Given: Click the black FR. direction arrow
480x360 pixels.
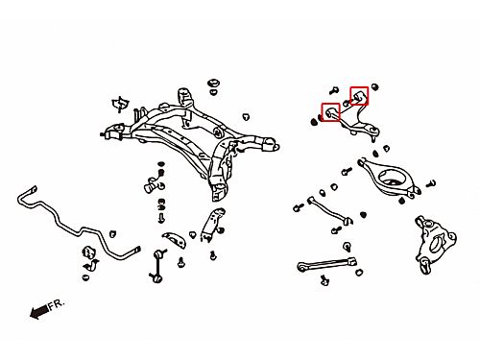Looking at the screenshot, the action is (39, 311).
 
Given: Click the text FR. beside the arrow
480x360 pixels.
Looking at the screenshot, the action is (57, 304).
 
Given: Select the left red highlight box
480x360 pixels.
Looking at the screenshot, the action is (330, 112).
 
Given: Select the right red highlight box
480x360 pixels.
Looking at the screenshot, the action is (359, 96).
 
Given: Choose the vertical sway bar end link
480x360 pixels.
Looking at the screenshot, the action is (157, 266).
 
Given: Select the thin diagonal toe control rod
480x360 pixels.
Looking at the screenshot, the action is (329, 210).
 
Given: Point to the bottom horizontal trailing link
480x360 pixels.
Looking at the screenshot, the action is (327, 264).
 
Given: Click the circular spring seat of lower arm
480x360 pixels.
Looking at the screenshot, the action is (390, 178).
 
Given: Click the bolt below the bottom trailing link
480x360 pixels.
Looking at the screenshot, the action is (324, 280).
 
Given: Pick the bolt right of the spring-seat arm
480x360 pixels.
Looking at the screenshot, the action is (431, 184).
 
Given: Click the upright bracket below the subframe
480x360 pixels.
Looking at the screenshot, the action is (212, 225).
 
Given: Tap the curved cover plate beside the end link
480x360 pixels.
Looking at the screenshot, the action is (175, 239).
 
